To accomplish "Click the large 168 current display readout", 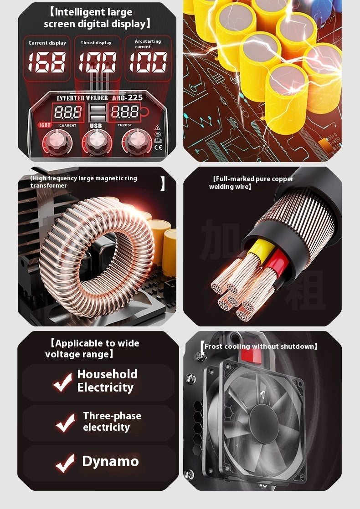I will (46, 62).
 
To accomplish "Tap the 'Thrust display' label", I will (96, 43).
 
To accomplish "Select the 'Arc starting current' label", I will (148, 44).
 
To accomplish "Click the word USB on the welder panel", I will (96, 126).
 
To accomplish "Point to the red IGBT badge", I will (45, 125).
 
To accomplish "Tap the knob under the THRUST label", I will (136, 143).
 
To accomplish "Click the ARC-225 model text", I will (125, 98).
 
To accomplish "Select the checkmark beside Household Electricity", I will (62, 382).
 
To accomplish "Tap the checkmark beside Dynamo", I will (65, 463).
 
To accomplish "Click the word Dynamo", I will (110, 461).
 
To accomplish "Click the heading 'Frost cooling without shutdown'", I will (259, 346).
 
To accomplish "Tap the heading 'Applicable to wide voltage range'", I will (94, 349).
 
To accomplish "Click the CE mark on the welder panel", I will (158, 147).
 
